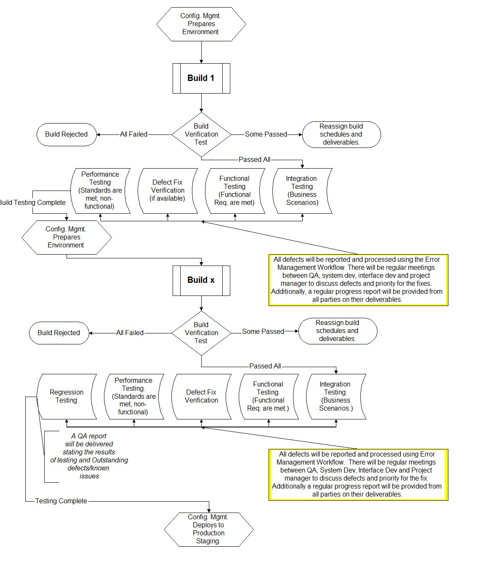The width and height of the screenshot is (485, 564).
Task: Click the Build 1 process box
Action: (x=201, y=78)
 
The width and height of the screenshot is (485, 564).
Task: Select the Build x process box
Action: (x=201, y=280)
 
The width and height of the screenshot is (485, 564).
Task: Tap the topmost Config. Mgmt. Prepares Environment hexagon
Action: (x=201, y=24)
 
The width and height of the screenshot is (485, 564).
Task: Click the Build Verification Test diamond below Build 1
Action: (x=201, y=134)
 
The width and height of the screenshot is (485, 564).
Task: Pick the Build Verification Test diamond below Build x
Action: (x=201, y=333)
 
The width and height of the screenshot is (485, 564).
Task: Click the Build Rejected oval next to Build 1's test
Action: (x=67, y=134)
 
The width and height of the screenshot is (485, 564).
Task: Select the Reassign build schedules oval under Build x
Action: (x=338, y=331)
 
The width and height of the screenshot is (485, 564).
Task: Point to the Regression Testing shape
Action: (x=67, y=396)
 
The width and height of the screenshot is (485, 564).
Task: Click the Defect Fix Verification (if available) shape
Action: (x=168, y=191)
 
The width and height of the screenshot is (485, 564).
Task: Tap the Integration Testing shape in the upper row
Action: (x=302, y=191)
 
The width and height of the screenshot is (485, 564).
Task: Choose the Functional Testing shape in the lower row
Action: (x=269, y=396)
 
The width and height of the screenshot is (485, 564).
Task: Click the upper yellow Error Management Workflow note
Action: (x=358, y=279)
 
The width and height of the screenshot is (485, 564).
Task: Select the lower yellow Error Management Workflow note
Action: (x=358, y=474)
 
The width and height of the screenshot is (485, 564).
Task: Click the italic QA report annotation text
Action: (x=89, y=456)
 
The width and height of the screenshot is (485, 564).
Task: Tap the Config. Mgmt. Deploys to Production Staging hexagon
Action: (x=208, y=529)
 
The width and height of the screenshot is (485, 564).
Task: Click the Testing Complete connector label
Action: (x=61, y=501)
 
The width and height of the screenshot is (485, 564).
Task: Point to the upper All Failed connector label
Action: (x=133, y=134)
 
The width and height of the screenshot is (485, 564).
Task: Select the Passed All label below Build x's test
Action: (x=265, y=366)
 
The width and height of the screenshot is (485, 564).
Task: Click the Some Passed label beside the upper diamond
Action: (x=266, y=134)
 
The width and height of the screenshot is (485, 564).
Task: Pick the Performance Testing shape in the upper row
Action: (x=100, y=191)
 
